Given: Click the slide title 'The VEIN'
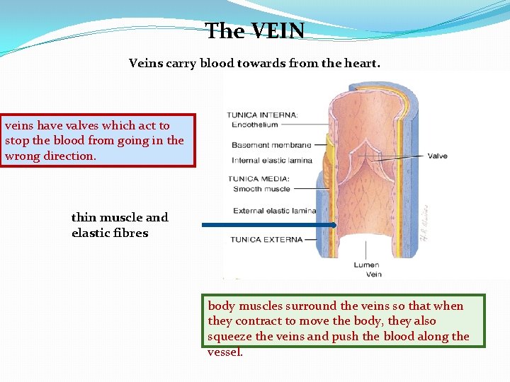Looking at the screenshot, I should (255, 31).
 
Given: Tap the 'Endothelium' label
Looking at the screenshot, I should (254, 125).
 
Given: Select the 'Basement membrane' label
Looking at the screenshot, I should (271, 146).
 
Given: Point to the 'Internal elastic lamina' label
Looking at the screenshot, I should (272, 161).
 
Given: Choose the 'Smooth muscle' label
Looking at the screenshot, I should (261, 189).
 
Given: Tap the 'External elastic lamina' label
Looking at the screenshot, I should (274, 211).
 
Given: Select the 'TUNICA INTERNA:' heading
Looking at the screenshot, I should (263, 115).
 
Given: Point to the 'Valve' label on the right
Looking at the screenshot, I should (438, 156).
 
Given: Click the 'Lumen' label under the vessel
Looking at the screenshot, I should (368, 265).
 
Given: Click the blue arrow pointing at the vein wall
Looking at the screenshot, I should (269, 225).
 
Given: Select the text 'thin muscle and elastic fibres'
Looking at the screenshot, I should (119, 225).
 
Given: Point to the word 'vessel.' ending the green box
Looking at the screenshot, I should (225, 352).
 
